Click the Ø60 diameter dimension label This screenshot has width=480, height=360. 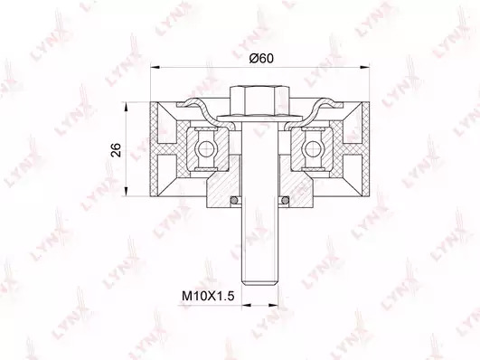[x=261, y=58]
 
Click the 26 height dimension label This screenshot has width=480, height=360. [x=117, y=150]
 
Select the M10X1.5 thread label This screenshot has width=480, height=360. [x=208, y=297]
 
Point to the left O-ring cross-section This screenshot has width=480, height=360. [x=234, y=200]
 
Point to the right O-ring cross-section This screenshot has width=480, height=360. [x=286, y=200]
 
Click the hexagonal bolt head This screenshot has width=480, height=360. [x=259, y=101]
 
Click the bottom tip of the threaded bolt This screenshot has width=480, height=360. [x=260, y=285]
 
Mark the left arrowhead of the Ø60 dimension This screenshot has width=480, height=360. [x=155, y=67]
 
